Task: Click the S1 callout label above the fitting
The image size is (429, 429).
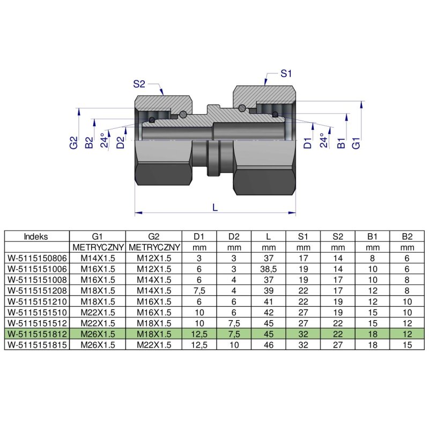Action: point(286,73)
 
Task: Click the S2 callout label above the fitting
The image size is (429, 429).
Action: point(139,84)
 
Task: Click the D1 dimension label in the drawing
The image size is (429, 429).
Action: point(307,143)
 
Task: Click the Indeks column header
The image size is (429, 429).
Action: point(36,236)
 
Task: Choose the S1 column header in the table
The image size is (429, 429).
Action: point(303,236)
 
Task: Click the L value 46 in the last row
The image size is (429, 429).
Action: point(268,345)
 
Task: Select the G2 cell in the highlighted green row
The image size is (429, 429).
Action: point(153,334)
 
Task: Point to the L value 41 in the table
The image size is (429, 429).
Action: point(268,301)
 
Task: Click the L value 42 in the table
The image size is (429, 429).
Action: point(268,312)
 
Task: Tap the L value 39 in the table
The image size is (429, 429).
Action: point(268,291)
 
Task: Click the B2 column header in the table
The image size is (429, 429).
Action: point(407,236)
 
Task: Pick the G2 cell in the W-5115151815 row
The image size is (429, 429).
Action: point(153,345)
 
